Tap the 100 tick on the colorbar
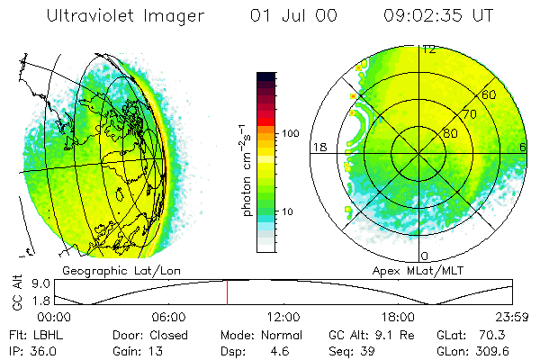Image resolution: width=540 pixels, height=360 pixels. pos(291,133)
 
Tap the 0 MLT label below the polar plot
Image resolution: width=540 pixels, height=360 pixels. pos(425,256)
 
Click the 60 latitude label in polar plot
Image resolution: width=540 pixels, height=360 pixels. pos(490,94)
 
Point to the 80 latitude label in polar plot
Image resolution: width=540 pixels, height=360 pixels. pos(449,133)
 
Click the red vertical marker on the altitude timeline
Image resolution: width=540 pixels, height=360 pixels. pos(227,292)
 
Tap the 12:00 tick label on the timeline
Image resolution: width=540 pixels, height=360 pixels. pos(283,317)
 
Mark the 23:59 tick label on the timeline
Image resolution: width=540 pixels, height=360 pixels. pos(512,317)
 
